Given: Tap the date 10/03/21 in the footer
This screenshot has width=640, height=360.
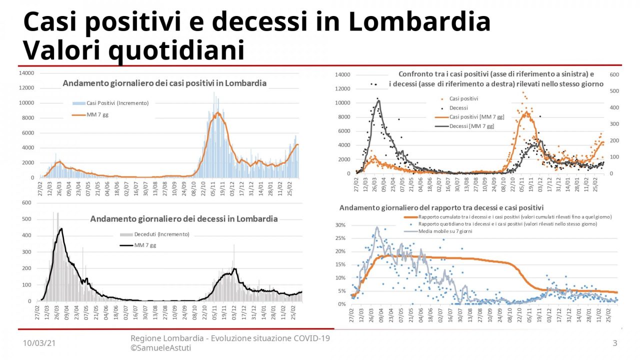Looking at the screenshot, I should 39,343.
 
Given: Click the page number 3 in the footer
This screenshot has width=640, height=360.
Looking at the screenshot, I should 615,343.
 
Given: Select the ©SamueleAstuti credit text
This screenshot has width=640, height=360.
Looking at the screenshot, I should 160,347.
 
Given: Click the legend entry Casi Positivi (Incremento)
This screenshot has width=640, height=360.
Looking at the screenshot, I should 117,103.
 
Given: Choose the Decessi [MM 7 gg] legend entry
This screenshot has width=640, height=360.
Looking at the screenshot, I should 471,126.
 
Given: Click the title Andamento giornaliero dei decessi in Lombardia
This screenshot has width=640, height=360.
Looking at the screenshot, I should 183,219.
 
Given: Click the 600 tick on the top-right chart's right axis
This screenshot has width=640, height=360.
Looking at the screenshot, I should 614,74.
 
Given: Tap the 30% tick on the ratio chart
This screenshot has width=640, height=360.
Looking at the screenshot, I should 340,225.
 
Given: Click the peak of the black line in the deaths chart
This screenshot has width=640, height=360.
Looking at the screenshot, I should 61,229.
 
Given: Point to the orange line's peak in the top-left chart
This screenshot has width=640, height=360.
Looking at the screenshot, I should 217,113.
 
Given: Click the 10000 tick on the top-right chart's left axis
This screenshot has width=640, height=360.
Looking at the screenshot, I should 343,103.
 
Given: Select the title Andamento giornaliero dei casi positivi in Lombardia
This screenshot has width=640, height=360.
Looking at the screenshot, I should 164,83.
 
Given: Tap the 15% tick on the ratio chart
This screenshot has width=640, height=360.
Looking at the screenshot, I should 340,264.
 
